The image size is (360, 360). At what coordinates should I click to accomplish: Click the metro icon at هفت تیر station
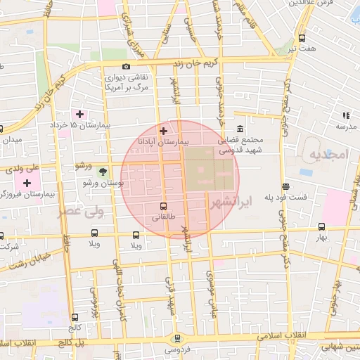coord(302,39)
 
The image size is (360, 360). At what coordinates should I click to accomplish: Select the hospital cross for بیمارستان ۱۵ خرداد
coord(79,114)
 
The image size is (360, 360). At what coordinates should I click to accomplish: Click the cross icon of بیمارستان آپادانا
coord(164,131)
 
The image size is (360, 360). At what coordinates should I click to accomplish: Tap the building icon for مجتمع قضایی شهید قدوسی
coord(240,130)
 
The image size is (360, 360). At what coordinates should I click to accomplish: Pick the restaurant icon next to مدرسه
coord(345,115)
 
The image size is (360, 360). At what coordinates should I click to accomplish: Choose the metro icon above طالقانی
coord(164,207)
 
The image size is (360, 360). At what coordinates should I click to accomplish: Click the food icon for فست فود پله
coord(285,187)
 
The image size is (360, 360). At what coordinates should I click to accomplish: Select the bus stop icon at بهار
coord(321,227)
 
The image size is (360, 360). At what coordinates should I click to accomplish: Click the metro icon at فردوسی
coord(177,338)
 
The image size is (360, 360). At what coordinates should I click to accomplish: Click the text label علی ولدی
coord(19,169)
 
